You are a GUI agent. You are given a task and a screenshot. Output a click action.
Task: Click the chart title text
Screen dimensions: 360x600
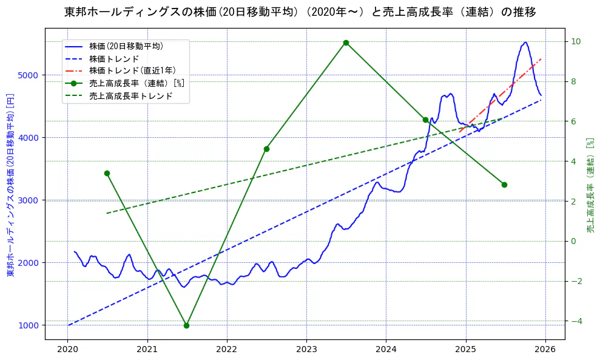point(300,12)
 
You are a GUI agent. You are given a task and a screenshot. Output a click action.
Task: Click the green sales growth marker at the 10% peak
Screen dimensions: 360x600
point(346,42)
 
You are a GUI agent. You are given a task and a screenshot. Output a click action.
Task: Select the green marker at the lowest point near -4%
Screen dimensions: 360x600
point(186,325)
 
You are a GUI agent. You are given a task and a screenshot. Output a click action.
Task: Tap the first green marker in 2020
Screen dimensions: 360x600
point(107,173)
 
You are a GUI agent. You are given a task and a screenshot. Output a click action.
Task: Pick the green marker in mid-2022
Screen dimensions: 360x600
point(266,149)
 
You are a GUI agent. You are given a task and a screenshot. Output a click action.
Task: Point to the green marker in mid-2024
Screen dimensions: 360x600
point(425,120)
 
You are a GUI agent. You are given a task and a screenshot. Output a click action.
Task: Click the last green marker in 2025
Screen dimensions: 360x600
point(504,185)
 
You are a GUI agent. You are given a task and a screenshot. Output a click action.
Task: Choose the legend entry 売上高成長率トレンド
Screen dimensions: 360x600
point(130,96)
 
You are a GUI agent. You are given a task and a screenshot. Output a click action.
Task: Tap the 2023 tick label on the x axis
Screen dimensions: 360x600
point(306,350)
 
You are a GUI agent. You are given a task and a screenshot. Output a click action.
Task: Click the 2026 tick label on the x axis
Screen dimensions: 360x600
point(545,350)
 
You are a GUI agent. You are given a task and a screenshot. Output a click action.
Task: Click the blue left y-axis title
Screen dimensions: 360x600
point(10,185)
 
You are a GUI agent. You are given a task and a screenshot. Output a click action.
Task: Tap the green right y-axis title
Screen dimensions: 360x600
point(590,185)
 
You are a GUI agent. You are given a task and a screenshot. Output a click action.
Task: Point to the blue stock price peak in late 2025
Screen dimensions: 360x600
point(525,42)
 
